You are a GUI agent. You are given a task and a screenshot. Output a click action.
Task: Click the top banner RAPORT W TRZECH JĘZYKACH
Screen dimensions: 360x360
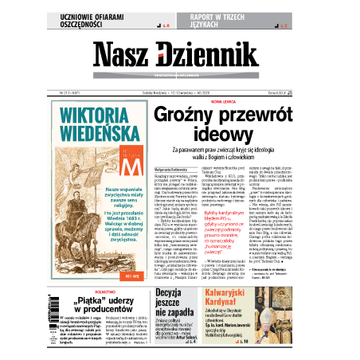(231, 21)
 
